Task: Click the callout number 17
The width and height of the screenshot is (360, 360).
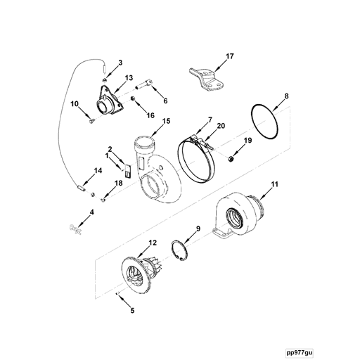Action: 230,56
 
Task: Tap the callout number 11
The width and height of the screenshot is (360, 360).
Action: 276,184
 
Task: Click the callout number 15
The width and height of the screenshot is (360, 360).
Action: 166,121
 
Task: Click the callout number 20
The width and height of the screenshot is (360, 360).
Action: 221,126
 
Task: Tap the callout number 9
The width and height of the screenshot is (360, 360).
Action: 198,229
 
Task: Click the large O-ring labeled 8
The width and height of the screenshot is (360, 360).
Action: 265,123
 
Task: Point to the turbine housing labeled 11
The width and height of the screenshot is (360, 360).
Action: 239,214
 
